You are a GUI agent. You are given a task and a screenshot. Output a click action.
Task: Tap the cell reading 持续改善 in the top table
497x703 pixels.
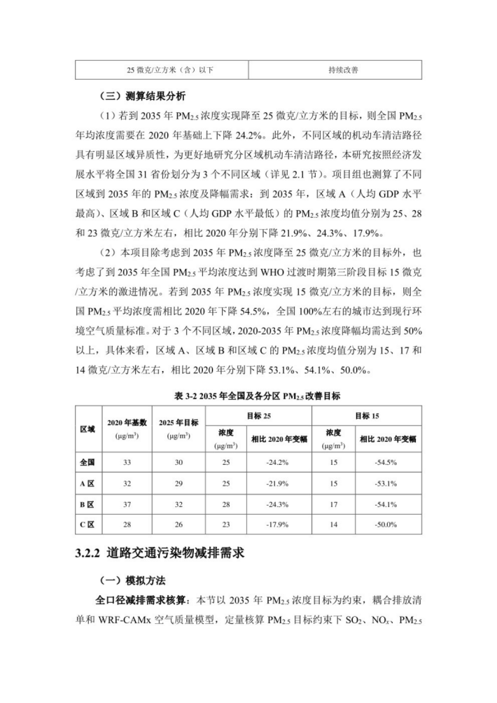tap(334, 70)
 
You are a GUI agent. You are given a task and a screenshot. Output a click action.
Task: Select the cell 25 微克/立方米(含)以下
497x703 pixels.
tap(161, 70)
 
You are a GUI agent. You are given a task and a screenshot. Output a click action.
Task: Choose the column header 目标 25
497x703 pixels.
tap(260, 416)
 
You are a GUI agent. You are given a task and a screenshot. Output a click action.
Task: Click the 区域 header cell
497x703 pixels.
tap(87, 429)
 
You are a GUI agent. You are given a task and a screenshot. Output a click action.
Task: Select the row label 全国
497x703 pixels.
tap(87, 463)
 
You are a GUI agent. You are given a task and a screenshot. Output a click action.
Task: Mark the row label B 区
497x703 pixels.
tap(87, 503)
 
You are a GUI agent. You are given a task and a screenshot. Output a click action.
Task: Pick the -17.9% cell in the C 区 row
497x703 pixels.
tap(279, 524)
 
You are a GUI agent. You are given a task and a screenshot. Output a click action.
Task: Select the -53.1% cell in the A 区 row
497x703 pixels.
tap(387, 483)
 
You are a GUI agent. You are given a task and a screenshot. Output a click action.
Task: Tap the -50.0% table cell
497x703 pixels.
tap(387, 524)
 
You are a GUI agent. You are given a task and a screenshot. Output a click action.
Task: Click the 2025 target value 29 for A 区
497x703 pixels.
tap(178, 483)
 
